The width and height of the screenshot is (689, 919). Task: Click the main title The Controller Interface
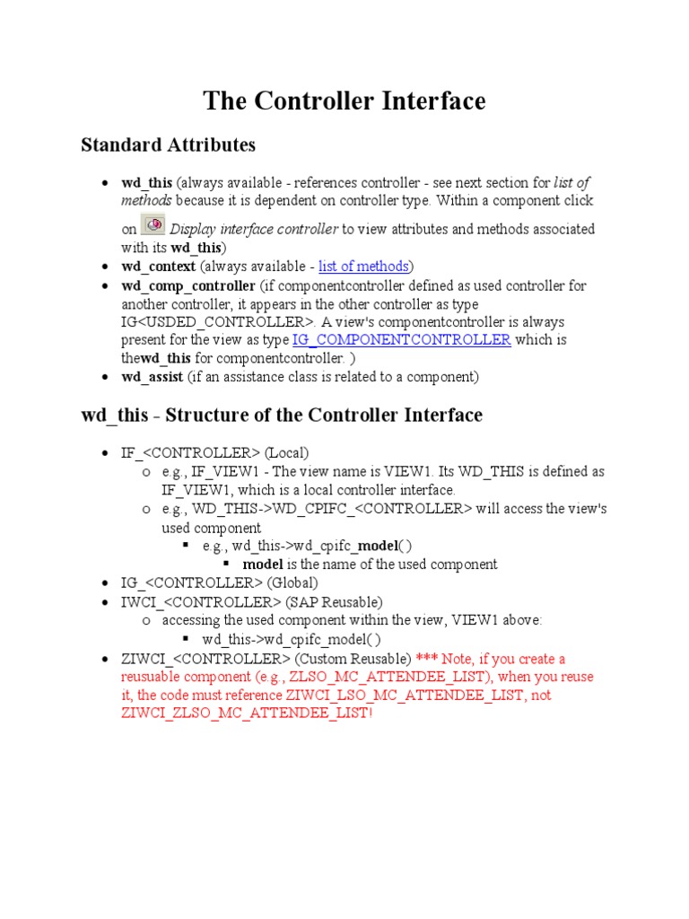[344, 101]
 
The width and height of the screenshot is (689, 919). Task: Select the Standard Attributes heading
[168, 144]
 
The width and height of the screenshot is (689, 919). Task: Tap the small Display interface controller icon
[153, 224]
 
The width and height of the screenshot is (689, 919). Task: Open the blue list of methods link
[364, 266]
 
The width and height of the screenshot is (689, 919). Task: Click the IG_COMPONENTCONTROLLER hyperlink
[401, 340]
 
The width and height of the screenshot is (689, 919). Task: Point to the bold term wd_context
[159, 267]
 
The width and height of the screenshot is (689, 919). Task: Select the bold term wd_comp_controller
[188, 285]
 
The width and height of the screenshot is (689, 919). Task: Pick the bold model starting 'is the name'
[263, 565]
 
